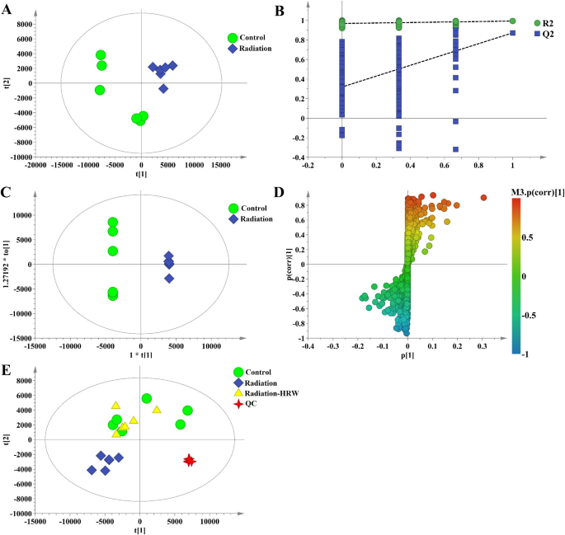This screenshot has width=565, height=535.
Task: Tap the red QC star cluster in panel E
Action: [x=190, y=460]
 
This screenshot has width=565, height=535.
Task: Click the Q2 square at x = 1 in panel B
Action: [x=513, y=33]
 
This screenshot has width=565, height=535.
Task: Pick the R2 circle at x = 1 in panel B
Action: [x=513, y=21]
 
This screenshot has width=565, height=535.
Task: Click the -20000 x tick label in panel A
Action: [x=35, y=167]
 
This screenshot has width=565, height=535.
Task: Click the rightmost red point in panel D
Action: [x=483, y=198]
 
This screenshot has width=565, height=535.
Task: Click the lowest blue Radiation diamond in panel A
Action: [x=163, y=88]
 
